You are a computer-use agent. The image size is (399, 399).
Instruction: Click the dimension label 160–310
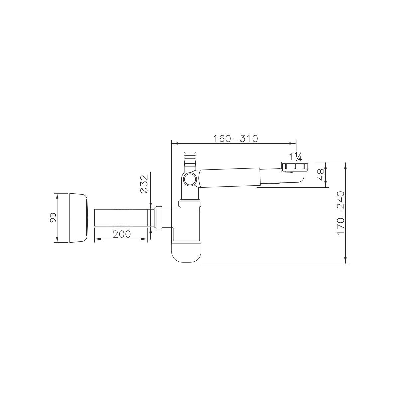pyautogui.click(x=235, y=139)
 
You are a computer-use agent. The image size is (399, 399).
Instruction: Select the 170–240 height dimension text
pyautogui.click(x=340, y=213)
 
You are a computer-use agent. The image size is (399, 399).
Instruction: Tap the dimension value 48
pyautogui.click(x=321, y=174)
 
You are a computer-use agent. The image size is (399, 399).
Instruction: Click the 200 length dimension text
pyautogui.click(x=122, y=234)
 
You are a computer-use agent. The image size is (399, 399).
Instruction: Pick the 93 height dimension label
pyautogui.click(x=53, y=217)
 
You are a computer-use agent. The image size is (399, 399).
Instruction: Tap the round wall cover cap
pyautogui.click(x=79, y=217)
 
